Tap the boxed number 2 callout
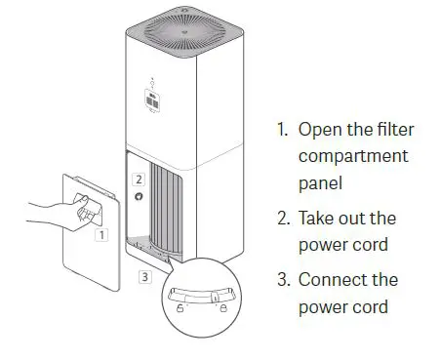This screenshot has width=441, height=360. pyautogui.click(x=140, y=180)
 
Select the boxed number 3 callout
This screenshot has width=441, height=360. pyautogui.click(x=144, y=277)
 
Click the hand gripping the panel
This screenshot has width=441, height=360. pyautogui.click(x=68, y=208)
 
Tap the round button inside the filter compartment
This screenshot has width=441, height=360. pyautogui.click(x=140, y=198)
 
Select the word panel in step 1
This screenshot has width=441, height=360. pyautogui.click(x=320, y=182)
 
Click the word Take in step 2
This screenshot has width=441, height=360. pyautogui.click(x=318, y=219)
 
